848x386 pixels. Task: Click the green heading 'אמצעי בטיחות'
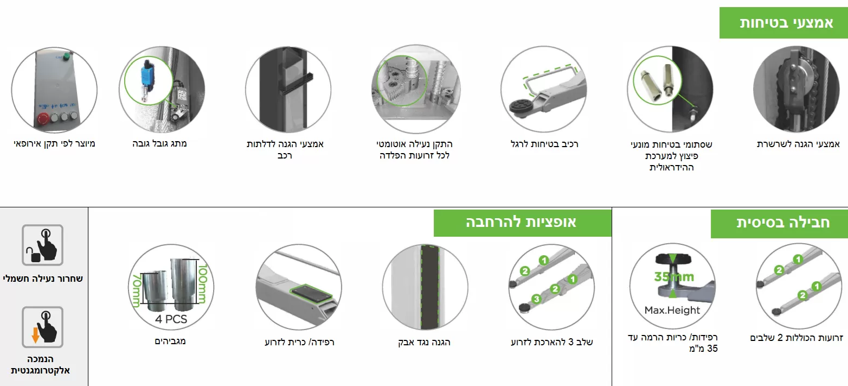click(x=786, y=23)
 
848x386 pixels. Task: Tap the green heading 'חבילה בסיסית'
click(x=783, y=222)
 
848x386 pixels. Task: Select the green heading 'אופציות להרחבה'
click(x=521, y=222)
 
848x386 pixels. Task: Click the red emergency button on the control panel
click(x=43, y=119)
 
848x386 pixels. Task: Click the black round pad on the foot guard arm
click(x=521, y=105)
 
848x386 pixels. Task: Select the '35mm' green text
click(x=674, y=277)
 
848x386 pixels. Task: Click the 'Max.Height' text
click(x=672, y=310)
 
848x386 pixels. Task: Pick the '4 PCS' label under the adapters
click(x=171, y=319)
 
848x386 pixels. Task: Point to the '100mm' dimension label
click(x=203, y=283)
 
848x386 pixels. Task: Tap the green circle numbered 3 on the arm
click(x=536, y=299)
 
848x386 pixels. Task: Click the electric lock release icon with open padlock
click(x=42, y=245)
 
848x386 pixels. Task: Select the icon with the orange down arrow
click(x=42, y=327)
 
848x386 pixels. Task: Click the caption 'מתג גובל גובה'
click(x=159, y=144)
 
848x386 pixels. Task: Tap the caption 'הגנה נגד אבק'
click(x=424, y=342)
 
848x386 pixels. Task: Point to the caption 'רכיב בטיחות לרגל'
click(x=544, y=144)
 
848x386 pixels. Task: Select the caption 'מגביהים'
click(x=170, y=341)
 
